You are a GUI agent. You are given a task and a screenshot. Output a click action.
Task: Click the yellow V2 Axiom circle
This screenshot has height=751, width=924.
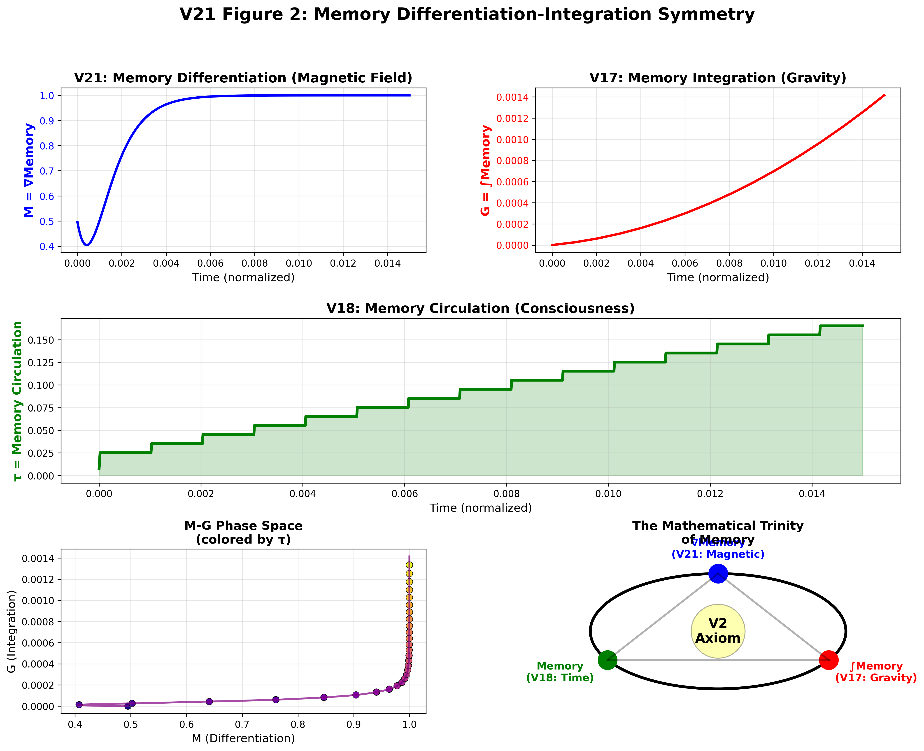pos(718,631)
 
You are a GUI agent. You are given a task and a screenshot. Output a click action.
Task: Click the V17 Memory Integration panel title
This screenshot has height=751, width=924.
pos(718,78)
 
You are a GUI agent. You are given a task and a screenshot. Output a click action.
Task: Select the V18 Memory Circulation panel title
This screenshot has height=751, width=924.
pos(480,308)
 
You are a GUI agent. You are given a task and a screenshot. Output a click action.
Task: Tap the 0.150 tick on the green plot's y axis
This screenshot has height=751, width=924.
pos(41,340)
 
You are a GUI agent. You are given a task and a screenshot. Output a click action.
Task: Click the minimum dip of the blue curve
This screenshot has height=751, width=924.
pos(87,245)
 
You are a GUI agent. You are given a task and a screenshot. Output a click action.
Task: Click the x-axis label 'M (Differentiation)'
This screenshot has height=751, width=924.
pos(243,738)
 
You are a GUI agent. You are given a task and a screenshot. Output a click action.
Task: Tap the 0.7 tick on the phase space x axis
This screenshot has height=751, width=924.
pos(242,725)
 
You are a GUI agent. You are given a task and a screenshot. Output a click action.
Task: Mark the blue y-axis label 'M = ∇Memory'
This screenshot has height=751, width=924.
pos(29,170)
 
